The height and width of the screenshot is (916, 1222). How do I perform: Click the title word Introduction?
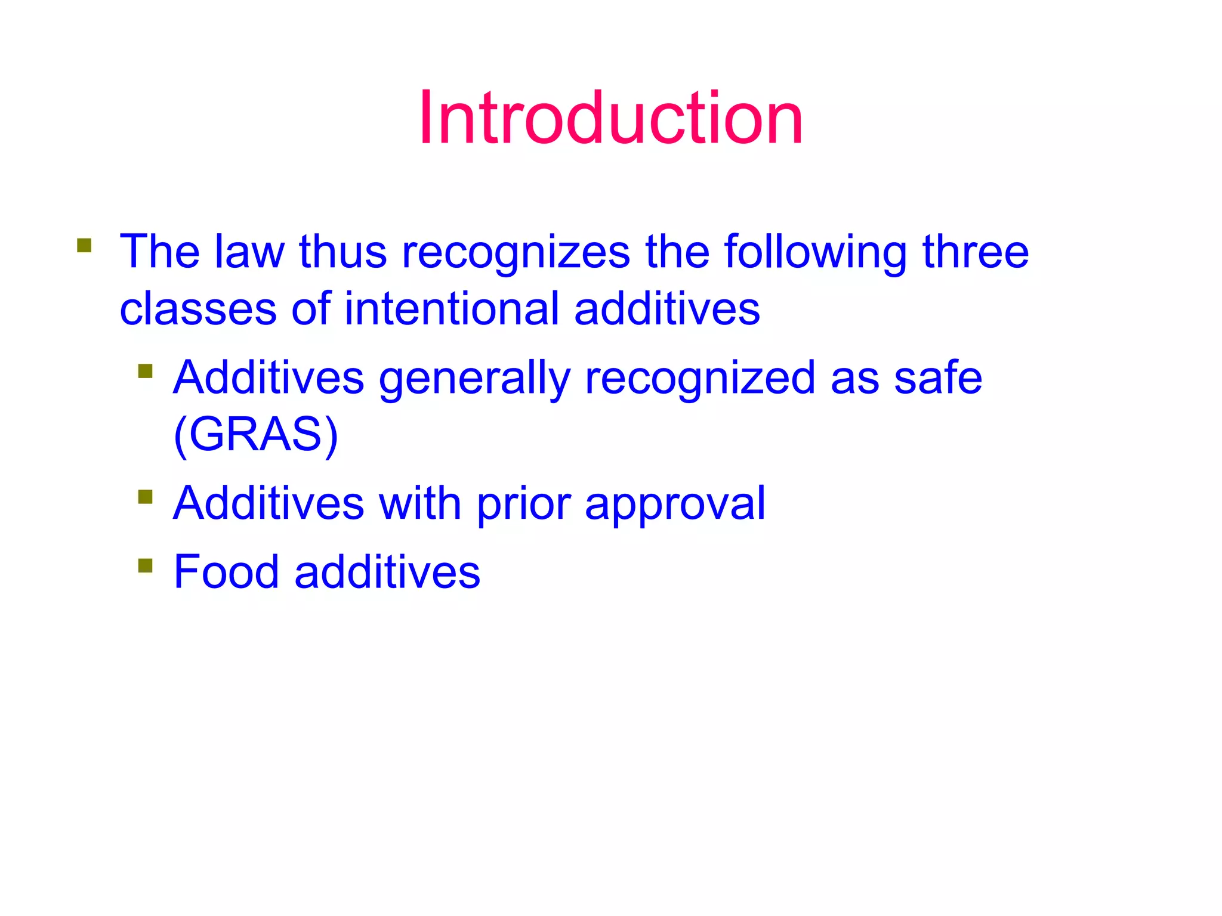click(610, 117)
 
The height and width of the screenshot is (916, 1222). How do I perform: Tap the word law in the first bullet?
click(249, 252)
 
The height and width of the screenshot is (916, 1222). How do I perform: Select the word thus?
click(343, 252)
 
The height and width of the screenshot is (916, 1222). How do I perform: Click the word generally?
click(474, 379)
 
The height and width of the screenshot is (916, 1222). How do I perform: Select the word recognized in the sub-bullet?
click(700, 379)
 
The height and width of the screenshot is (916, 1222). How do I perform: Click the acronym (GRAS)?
click(256, 434)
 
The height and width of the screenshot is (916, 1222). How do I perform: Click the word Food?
click(226, 572)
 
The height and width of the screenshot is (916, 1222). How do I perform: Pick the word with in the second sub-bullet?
click(420, 503)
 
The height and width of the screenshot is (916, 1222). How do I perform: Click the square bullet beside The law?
click(84, 246)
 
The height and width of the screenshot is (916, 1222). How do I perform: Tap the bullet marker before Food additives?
click(145, 565)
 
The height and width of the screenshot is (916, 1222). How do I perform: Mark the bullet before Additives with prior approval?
click(145, 497)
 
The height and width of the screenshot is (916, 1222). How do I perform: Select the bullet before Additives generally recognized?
click(145, 372)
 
